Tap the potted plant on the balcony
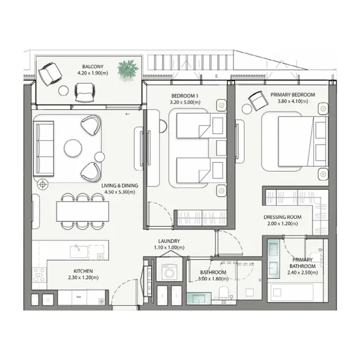tap(128, 70)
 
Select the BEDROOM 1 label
tap(185, 95)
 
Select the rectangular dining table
tap(83, 211)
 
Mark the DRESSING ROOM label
tap(281, 217)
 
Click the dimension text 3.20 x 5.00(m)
tap(185, 102)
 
